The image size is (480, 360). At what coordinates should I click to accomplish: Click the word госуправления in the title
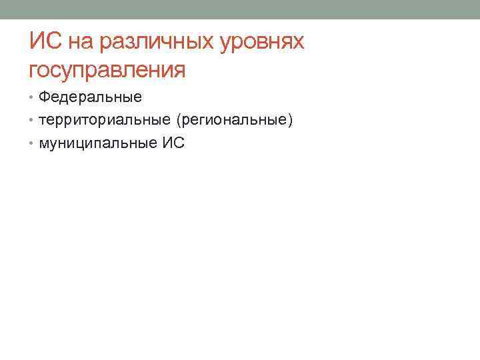(107, 69)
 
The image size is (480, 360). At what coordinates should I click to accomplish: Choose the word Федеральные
(90, 97)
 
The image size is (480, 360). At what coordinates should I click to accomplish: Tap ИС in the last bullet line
(175, 142)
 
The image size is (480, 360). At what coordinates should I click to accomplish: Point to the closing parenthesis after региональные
(291, 120)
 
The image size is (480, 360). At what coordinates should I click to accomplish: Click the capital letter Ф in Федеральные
(44, 97)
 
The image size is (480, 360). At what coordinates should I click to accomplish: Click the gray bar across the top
(240, 9)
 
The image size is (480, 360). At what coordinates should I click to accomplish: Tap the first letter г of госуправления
(35, 71)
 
